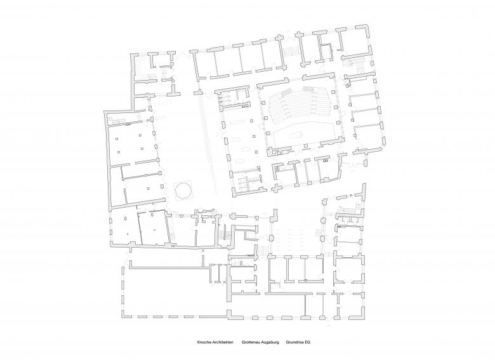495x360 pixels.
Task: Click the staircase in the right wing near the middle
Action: pos(345,213)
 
